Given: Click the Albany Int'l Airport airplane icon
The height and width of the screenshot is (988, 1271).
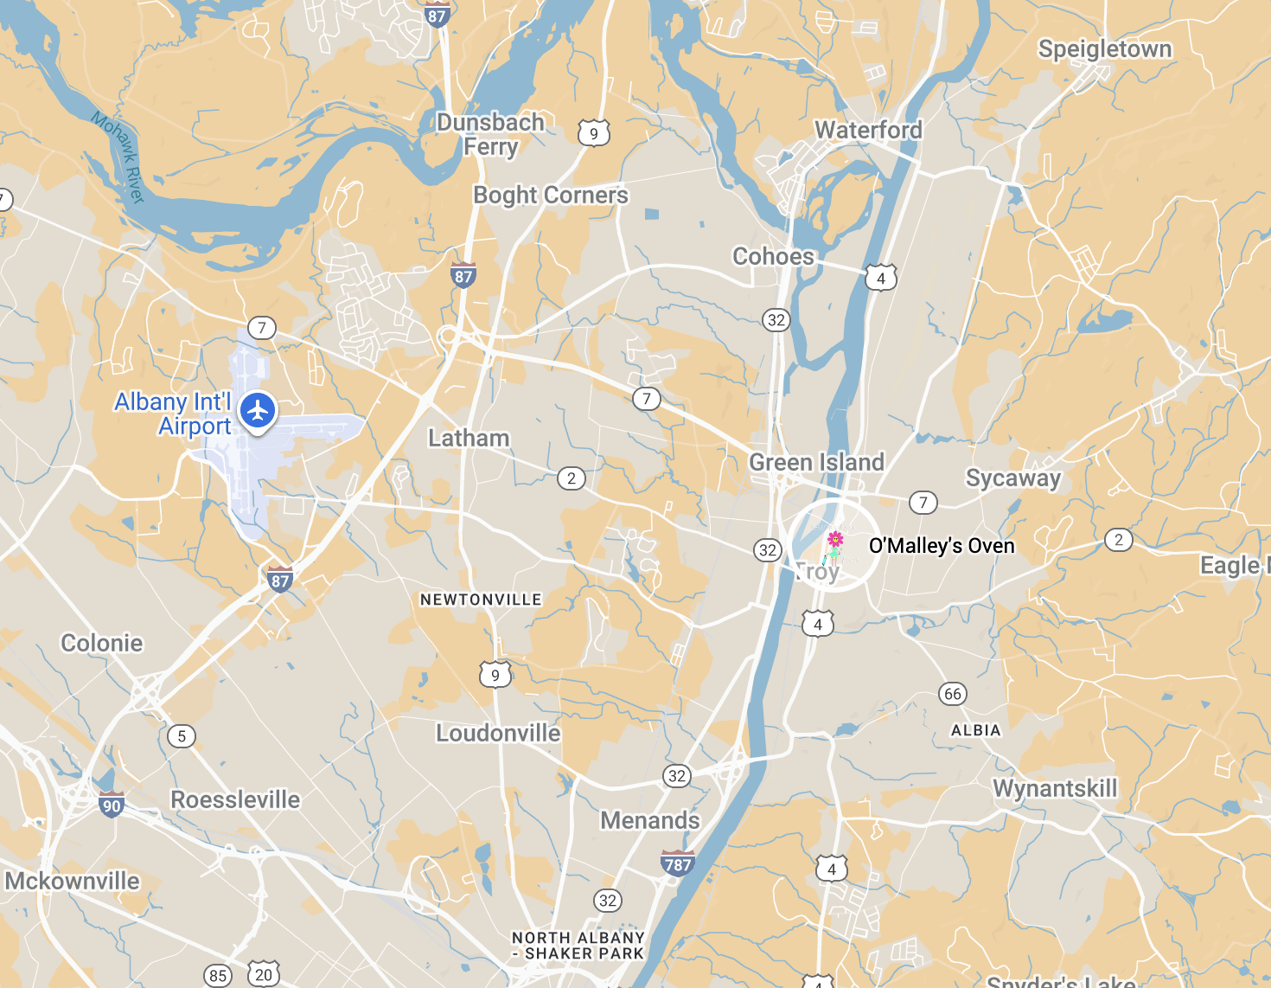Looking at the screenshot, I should [x=258, y=411].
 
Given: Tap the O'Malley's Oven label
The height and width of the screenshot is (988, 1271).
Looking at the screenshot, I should [x=942, y=546].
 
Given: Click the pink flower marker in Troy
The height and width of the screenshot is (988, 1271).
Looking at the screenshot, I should [x=835, y=541].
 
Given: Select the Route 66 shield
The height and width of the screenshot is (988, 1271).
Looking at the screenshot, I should [x=952, y=694].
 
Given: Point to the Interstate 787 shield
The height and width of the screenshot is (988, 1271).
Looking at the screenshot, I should [x=677, y=863].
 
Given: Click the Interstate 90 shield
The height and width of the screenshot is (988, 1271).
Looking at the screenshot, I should [x=112, y=805].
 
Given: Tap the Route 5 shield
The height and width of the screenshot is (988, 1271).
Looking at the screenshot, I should [x=181, y=736].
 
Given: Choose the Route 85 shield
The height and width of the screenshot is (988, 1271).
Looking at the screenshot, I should [x=218, y=976].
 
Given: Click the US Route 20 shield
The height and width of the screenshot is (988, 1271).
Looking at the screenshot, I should [x=264, y=974].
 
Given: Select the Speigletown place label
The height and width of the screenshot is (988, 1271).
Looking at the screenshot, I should [x=1105, y=49].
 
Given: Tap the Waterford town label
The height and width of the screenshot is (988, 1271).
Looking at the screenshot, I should [x=868, y=131].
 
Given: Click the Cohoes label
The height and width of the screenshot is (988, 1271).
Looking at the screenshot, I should [x=773, y=257].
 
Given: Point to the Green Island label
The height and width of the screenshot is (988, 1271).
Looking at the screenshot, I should [x=816, y=463].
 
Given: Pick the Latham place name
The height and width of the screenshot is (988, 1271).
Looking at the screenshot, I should [x=469, y=439].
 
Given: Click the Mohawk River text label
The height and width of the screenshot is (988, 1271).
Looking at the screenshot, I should [x=118, y=157].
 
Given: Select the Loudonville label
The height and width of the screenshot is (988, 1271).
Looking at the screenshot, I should [x=498, y=734].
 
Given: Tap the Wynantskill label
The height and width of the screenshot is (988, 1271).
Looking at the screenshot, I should [x=1055, y=789].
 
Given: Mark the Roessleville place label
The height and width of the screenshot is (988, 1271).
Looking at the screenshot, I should [x=235, y=799].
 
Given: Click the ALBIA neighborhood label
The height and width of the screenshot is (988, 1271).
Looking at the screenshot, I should [x=975, y=731].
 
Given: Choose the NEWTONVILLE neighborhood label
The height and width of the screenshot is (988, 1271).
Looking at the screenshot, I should [x=481, y=600].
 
